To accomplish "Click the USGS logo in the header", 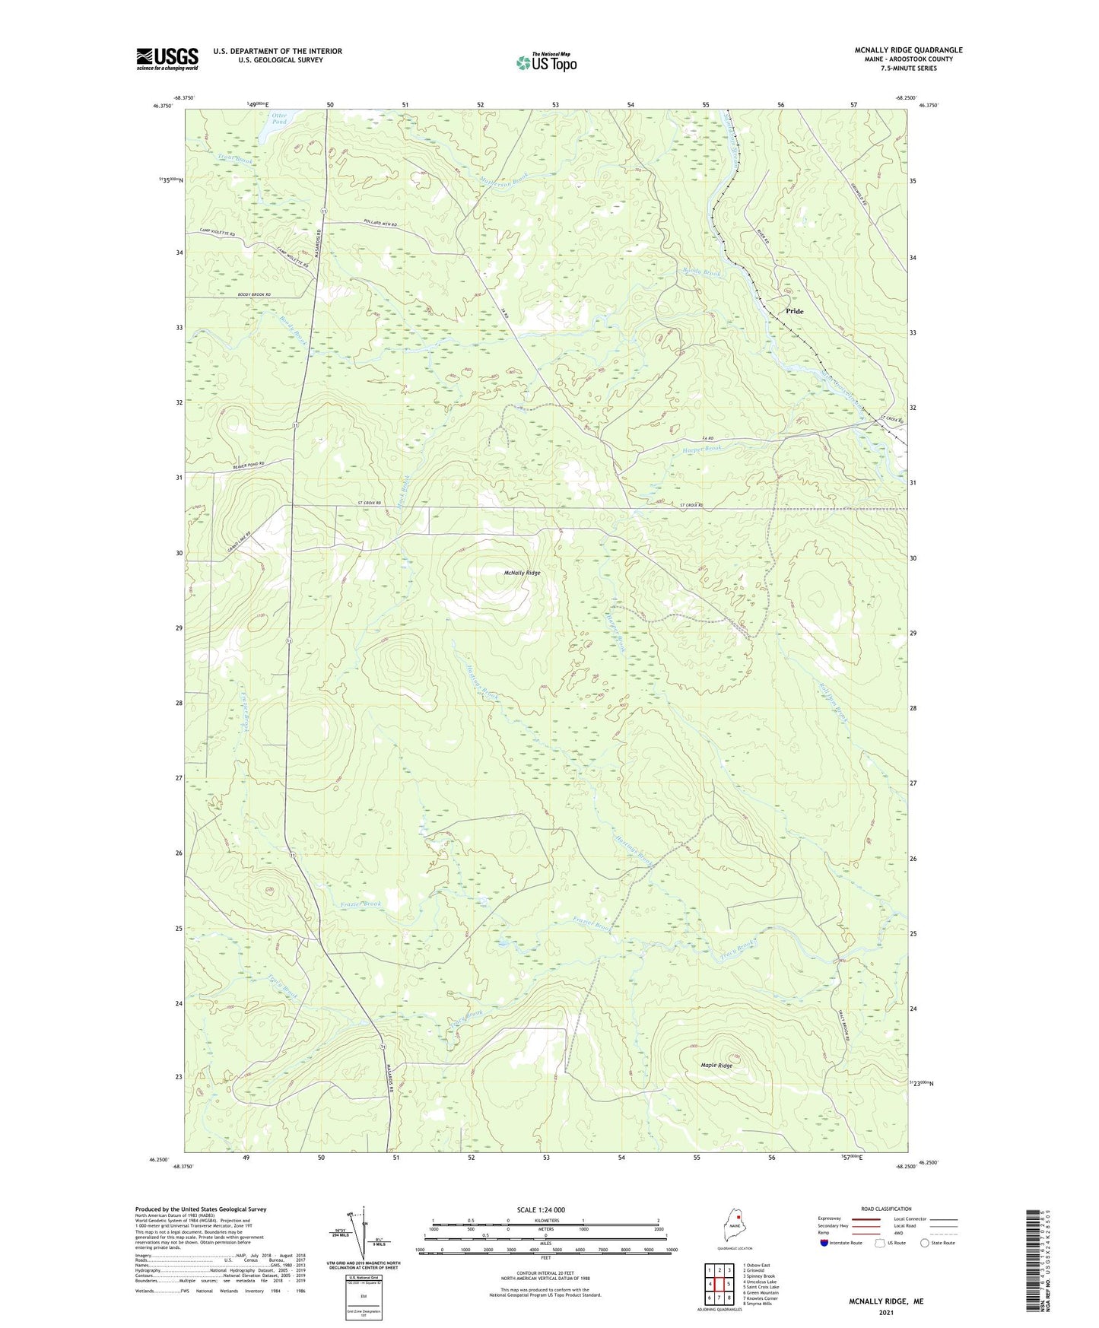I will click(x=167, y=59).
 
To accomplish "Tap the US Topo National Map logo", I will click(x=546, y=62).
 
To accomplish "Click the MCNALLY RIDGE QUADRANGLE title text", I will click(x=907, y=50).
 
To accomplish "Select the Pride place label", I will click(x=794, y=311).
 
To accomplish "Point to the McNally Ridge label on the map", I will click(x=522, y=573).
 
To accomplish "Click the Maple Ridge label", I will click(x=716, y=1066).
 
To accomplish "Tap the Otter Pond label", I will click(x=279, y=119).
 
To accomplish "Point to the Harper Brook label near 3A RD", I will click(x=701, y=449).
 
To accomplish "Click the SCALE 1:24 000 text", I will click(x=540, y=1209).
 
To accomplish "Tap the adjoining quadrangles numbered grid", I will click(x=719, y=1285).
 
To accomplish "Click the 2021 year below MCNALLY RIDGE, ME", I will click(x=886, y=1313).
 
